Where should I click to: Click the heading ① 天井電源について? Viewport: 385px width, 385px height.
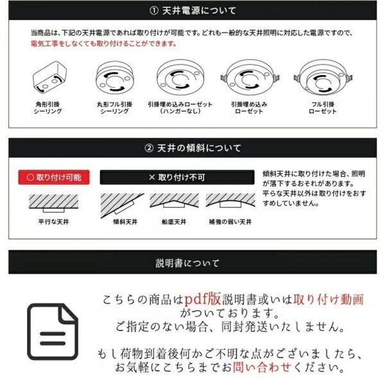point(193,11)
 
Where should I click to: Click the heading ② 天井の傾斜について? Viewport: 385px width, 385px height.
point(193,148)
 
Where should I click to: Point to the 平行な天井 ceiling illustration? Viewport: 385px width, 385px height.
point(54,203)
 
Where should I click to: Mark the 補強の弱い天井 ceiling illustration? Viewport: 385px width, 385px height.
point(229,202)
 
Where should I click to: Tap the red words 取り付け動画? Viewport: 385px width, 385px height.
point(328,300)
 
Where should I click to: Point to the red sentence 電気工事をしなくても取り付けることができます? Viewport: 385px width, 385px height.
point(104,44)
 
